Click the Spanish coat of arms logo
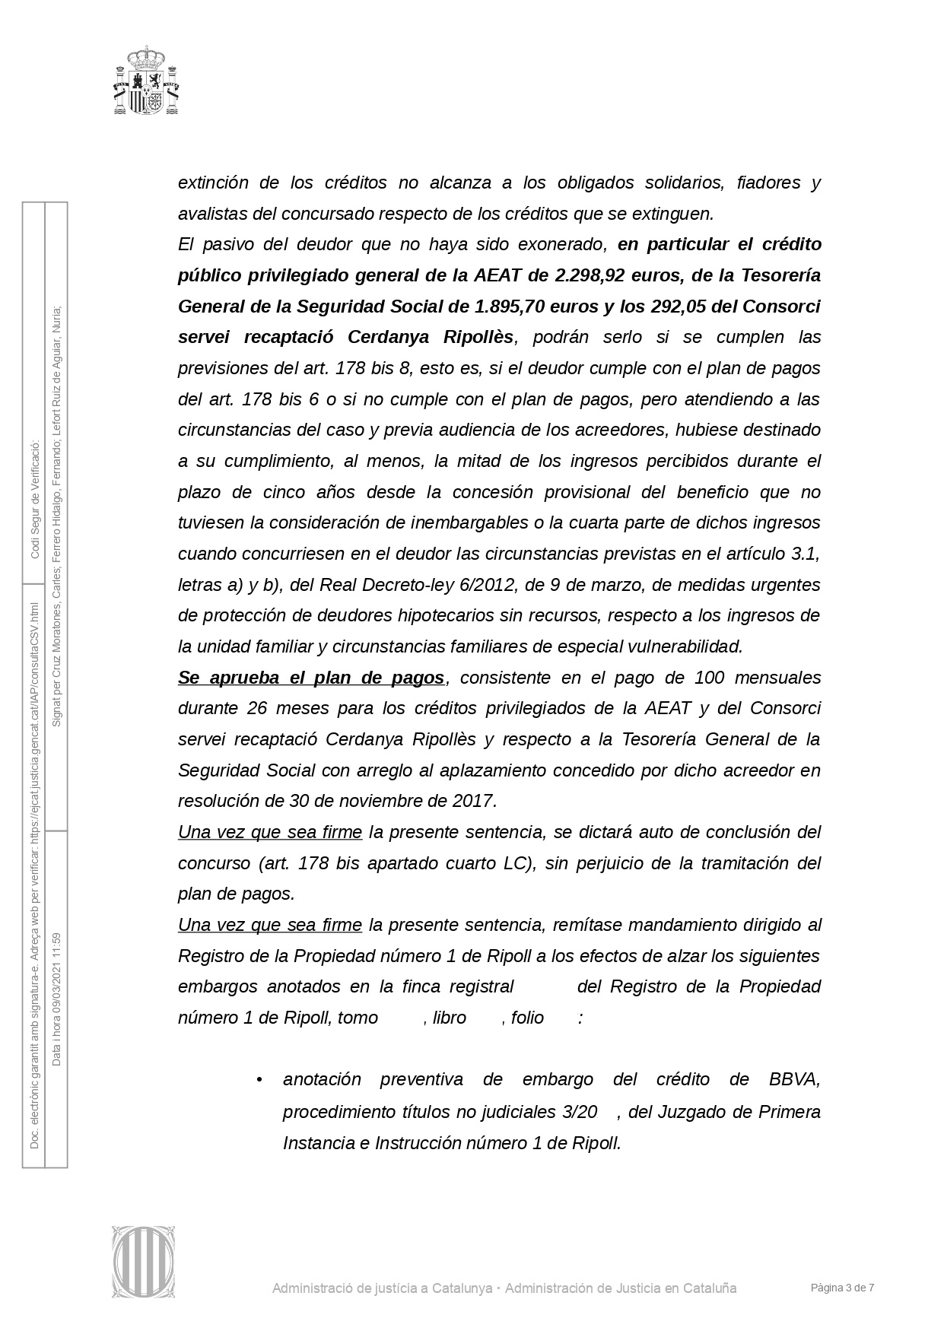coord(147,81)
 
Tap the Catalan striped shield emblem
coord(145,1262)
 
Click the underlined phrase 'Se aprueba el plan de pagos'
coord(311,678)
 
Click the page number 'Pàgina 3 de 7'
coord(842,1288)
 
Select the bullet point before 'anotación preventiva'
coord(259,1080)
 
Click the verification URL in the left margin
coord(34,715)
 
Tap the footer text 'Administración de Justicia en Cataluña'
coord(621,1288)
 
